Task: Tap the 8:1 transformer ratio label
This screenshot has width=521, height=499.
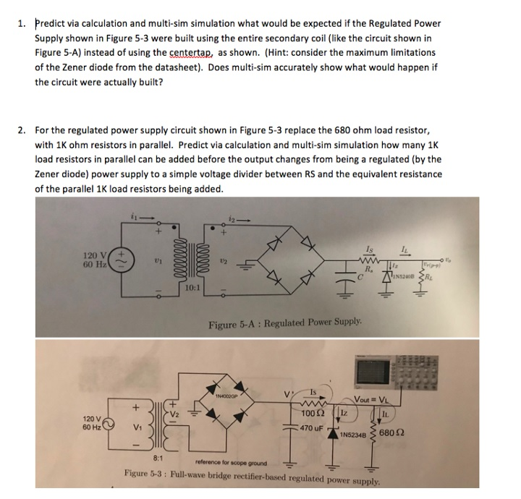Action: pos(158,457)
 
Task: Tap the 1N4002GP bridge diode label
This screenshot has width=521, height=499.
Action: pos(229,396)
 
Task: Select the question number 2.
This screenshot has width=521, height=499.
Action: pos(22,131)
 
